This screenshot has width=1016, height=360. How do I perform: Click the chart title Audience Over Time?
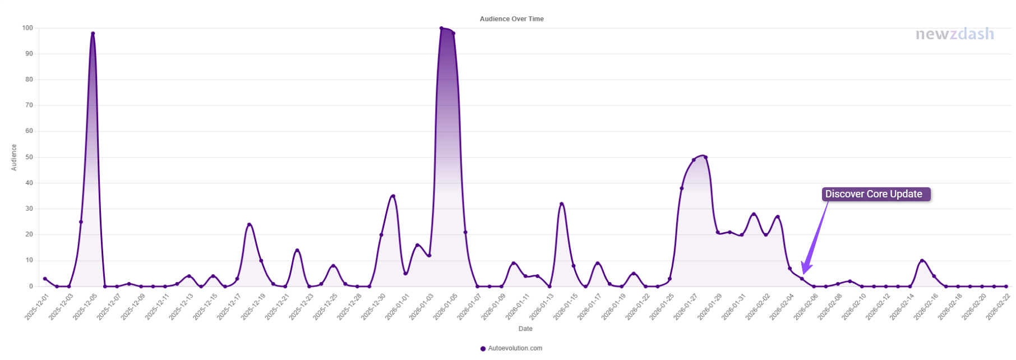(511, 19)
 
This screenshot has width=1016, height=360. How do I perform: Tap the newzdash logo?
(954, 34)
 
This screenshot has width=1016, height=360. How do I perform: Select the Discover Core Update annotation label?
(873, 194)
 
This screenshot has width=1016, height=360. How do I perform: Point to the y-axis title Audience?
(14, 158)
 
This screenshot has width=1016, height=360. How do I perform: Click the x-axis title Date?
(525, 329)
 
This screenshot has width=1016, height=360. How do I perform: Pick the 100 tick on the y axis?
(27, 28)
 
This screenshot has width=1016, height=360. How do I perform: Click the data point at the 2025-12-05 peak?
(93, 34)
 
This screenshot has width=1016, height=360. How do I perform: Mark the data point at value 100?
(441, 28)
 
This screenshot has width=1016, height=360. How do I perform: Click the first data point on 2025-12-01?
(45, 279)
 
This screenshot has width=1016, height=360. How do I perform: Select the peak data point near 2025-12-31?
(393, 196)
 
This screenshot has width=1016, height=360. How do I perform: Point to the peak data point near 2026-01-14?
(561, 204)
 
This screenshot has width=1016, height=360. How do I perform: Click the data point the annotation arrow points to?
(802, 279)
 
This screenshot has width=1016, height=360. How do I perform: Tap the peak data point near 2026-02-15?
(922, 261)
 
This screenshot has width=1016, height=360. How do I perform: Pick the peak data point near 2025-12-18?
(249, 224)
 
